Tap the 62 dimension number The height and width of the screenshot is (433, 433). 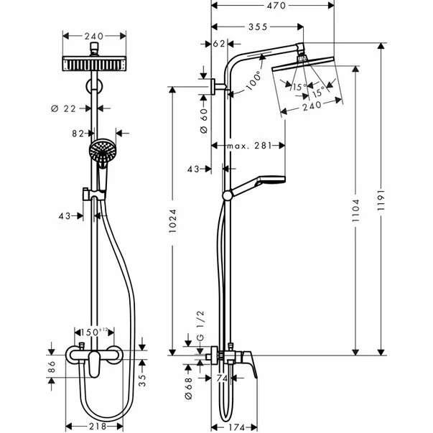(219, 44)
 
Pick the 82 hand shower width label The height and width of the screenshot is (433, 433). (78, 133)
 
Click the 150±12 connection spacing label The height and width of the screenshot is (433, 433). (96, 333)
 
